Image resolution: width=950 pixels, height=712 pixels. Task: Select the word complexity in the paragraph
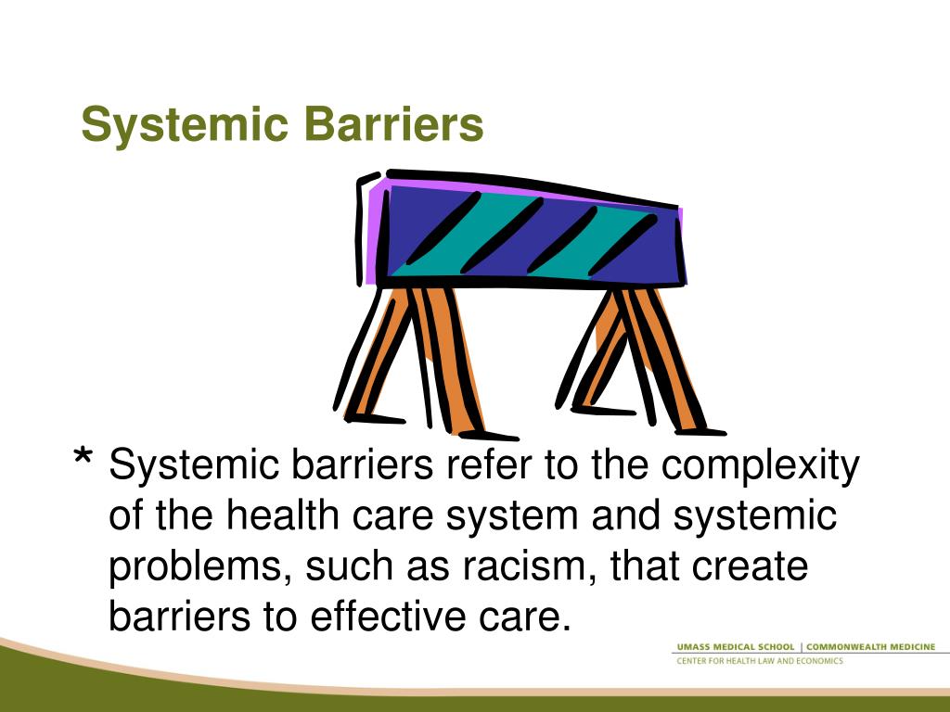click(760, 466)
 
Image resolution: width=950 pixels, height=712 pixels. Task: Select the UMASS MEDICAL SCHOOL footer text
click(734, 646)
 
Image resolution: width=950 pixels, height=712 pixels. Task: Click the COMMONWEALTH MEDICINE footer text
click(871, 646)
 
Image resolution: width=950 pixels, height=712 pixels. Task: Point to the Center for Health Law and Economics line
click(758, 661)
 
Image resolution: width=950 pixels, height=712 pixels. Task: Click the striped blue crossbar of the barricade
click(529, 236)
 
